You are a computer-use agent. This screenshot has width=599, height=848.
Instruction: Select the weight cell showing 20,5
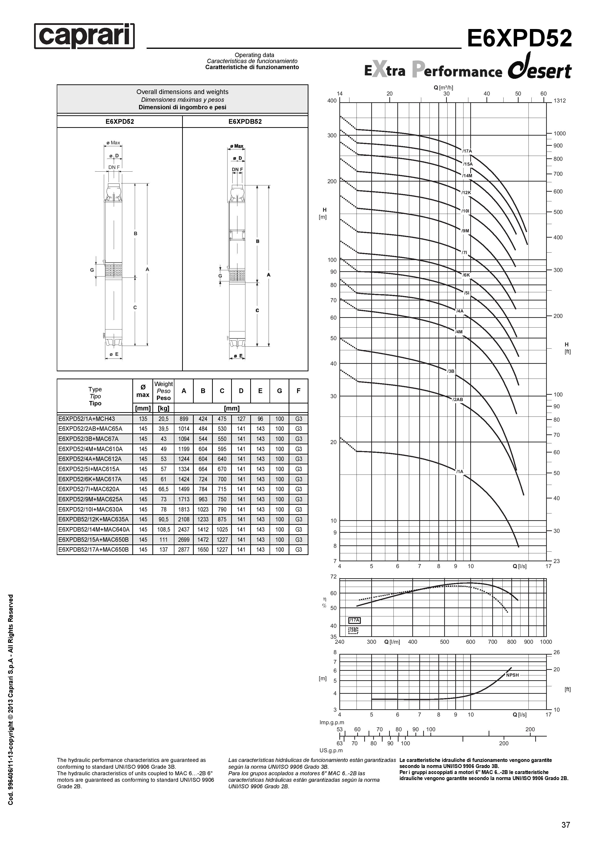click(x=164, y=419)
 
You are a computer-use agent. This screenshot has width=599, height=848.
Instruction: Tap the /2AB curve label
click(x=458, y=400)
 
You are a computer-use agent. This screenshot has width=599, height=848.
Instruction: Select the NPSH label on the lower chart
click(x=512, y=675)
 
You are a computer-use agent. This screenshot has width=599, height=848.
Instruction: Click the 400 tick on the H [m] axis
click(x=332, y=101)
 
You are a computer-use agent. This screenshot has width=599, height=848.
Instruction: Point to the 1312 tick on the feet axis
click(x=559, y=101)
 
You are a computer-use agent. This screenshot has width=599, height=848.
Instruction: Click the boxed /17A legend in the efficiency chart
click(x=355, y=620)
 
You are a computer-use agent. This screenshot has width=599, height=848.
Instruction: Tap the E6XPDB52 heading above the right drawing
click(x=245, y=122)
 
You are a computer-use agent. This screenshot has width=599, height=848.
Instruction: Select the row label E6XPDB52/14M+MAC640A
click(x=94, y=529)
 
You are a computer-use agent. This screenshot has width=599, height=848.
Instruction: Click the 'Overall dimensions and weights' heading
click(x=182, y=92)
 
